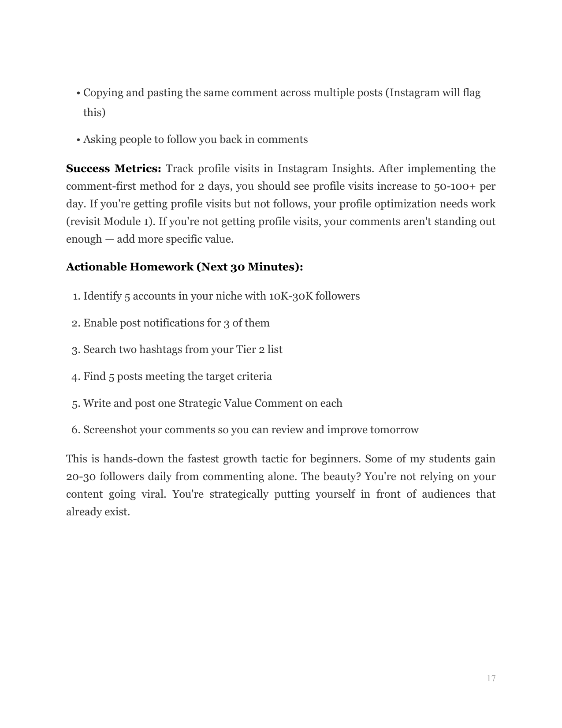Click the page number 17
(491, 679)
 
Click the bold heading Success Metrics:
(114, 169)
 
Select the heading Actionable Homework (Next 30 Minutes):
(184, 267)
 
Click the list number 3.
(75, 350)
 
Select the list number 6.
(75, 430)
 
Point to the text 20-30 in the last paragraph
(80, 477)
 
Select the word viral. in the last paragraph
(153, 494)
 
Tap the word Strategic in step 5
(199, 403)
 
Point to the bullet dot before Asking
(78, 140)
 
